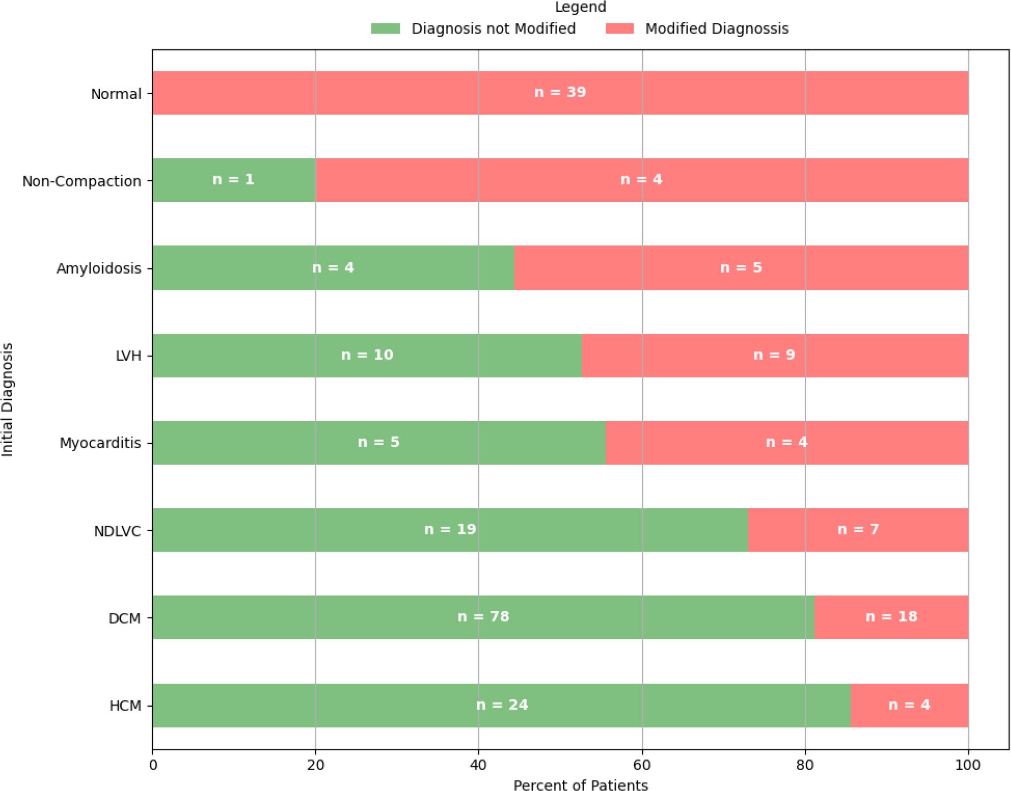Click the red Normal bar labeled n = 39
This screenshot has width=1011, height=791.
pos(560,93)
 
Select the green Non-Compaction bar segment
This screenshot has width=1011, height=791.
pos(234,180)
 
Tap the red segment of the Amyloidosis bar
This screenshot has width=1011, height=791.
pos(741,268)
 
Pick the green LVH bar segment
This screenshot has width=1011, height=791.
pos(367,355)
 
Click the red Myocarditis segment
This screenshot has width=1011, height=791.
pos(787,442)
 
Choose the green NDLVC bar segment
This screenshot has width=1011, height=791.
pos(450,530)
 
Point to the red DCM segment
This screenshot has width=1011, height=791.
pos(892,617)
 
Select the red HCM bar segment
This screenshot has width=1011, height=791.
pos(909,705)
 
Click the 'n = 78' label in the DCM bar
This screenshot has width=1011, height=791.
pos(483,616)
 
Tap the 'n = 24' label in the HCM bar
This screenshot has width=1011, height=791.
pos(502,705)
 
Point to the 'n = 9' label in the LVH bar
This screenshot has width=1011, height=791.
pos(774,355)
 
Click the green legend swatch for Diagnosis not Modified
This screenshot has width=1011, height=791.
pos(385,29)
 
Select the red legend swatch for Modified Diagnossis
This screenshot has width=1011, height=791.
pos(620,29)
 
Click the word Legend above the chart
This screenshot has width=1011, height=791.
pos(580,7)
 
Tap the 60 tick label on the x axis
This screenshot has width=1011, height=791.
pos(642,765)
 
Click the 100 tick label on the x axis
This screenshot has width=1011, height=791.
pos(968,765)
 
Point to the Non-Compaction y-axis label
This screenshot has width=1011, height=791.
pos(82,181)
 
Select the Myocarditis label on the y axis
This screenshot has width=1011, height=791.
pos(101,443)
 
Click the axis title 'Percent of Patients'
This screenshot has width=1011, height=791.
pos(581,785)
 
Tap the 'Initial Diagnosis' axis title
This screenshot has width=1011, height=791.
pos(7,400)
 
